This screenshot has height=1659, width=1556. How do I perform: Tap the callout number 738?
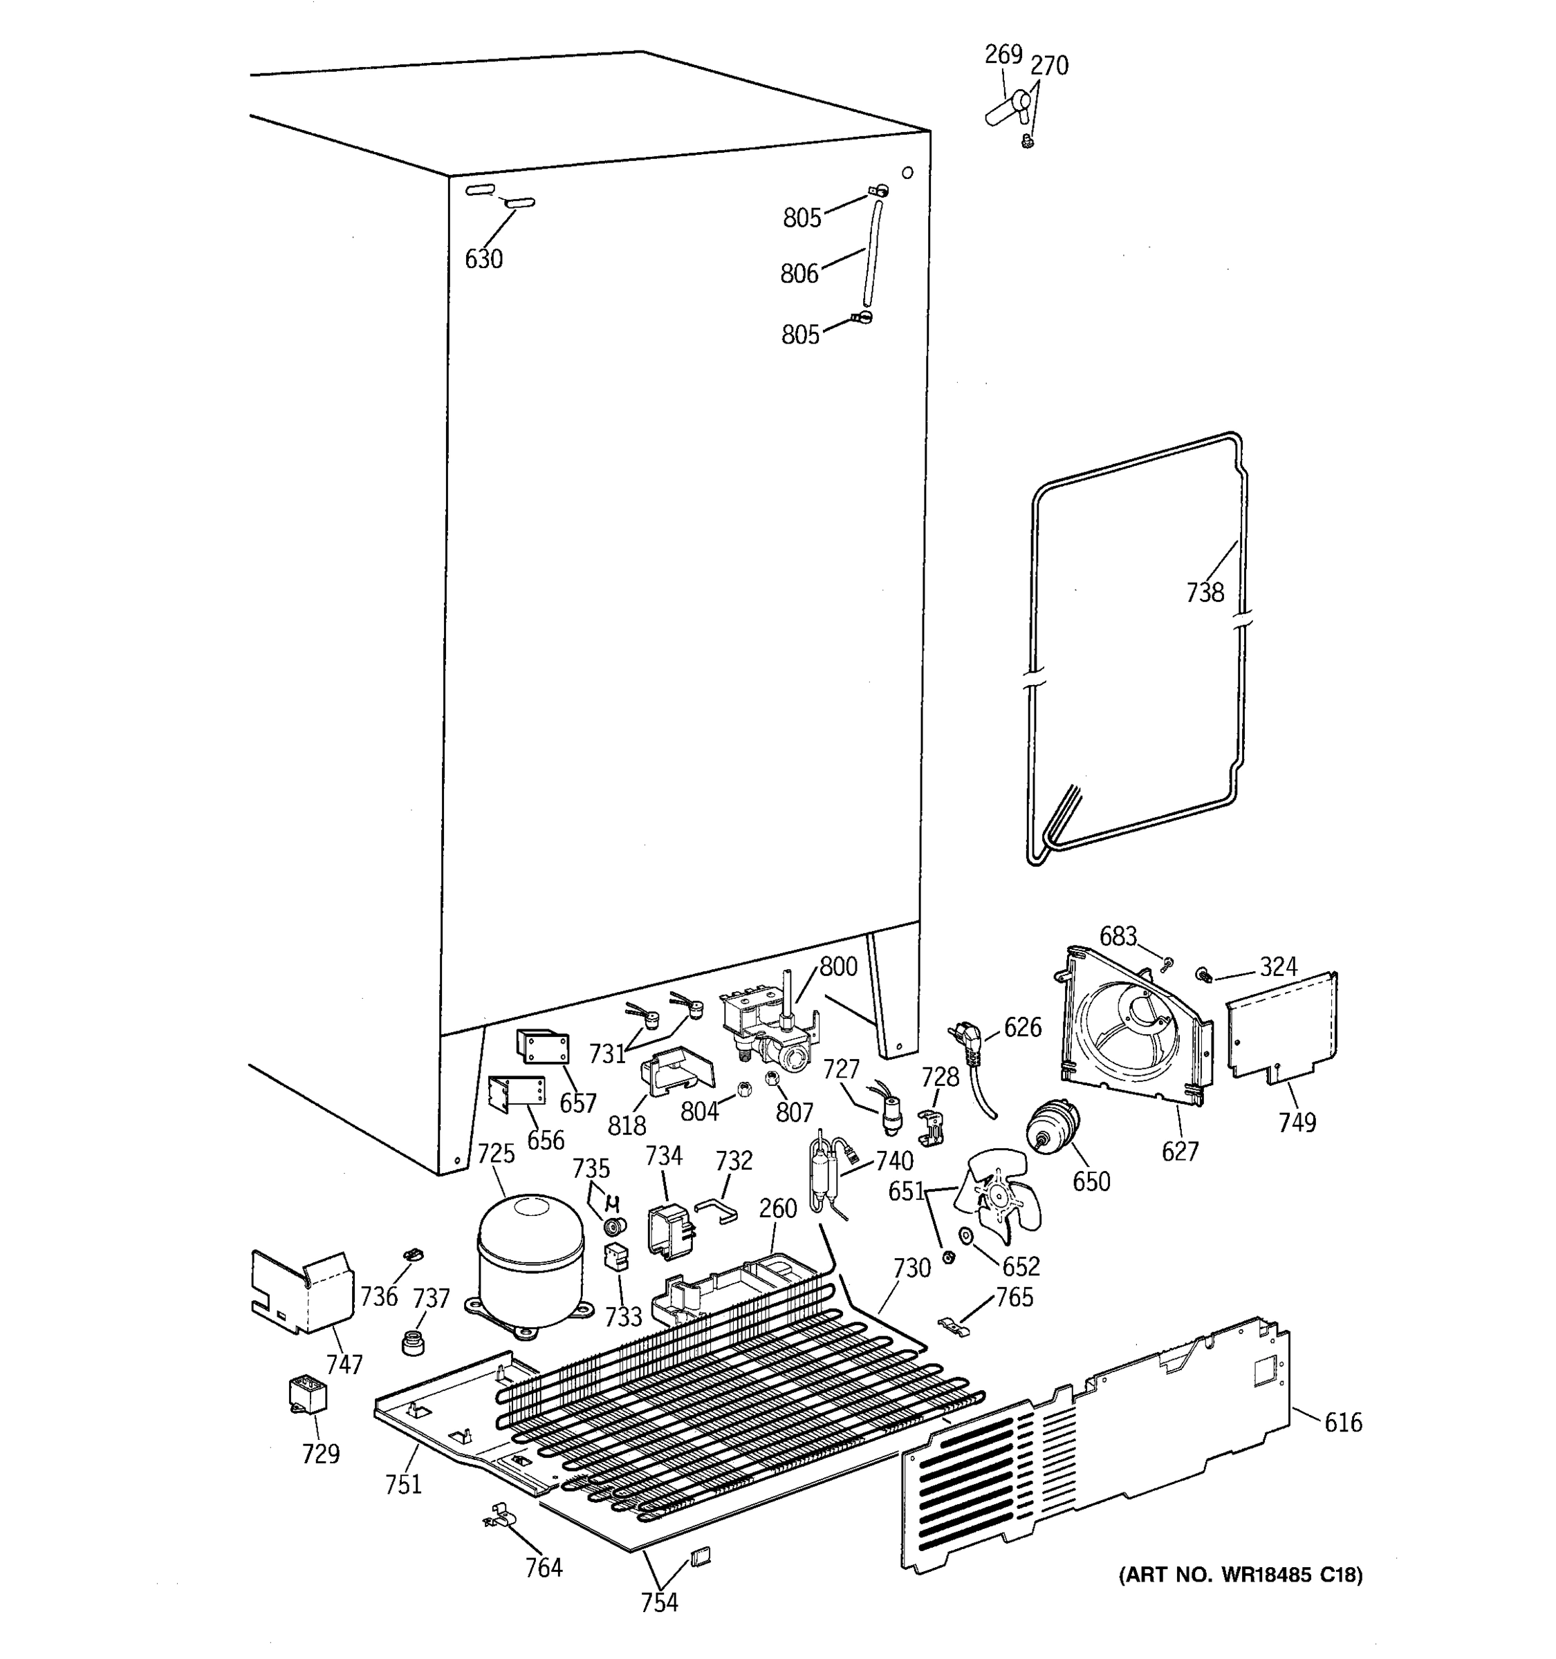point(1205,592)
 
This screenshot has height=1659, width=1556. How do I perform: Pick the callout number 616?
point(1342,1422)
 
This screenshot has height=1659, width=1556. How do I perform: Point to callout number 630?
point(484,259)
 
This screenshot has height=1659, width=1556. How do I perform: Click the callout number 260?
point(778,1208)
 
